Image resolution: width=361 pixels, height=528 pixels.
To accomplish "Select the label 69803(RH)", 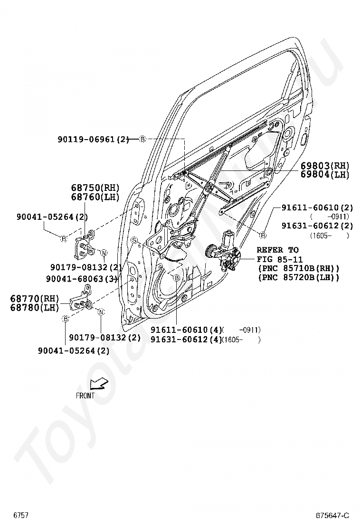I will [324, 166].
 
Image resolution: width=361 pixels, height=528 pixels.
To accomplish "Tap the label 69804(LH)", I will [324, 174].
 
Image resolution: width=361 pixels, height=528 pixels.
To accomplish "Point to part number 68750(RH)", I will [95, 188].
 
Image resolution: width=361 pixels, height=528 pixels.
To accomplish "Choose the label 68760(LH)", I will [95, 197].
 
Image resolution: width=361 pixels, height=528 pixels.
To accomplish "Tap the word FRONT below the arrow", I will [85, 395].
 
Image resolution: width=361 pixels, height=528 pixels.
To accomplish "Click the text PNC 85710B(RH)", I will [298, 268].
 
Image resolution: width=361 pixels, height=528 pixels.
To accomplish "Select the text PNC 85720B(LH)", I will [298, 277].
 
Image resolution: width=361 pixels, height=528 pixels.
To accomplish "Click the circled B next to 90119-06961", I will [142, 140].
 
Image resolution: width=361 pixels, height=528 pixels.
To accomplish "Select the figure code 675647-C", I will [333, 515].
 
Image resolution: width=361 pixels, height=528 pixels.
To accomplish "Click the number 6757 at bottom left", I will [21, 515].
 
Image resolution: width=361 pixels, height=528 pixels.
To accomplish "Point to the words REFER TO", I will [277, 250].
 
